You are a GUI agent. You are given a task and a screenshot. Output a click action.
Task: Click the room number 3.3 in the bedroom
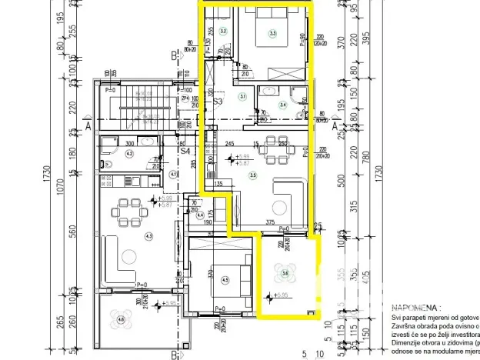pos(272,33)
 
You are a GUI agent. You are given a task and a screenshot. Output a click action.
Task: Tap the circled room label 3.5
pos(253,175)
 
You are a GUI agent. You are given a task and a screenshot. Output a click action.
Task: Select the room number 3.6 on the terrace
pos(285,272)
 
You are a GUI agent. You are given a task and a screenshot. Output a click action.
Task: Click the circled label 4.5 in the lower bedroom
pos(225,280)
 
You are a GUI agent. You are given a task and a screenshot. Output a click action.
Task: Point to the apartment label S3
pos(218,101)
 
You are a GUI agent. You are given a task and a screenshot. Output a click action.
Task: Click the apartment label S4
pos(185,152)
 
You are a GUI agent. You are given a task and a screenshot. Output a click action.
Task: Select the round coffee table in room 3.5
pos(278,206)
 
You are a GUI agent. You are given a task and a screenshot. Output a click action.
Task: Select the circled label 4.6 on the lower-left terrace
pos(121,319)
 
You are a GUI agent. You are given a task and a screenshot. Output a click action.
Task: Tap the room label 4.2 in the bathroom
pos(129,154)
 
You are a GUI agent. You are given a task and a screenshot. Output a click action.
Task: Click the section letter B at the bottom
pos(175,355)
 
